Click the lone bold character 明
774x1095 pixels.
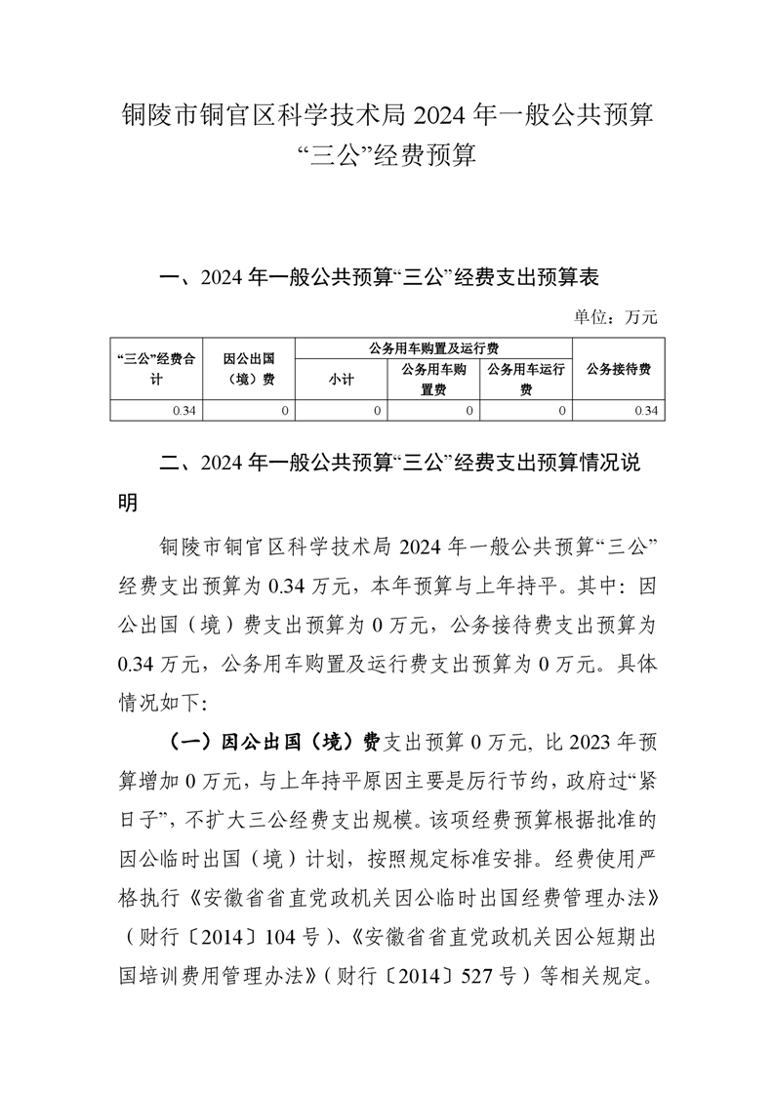point(126,504)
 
